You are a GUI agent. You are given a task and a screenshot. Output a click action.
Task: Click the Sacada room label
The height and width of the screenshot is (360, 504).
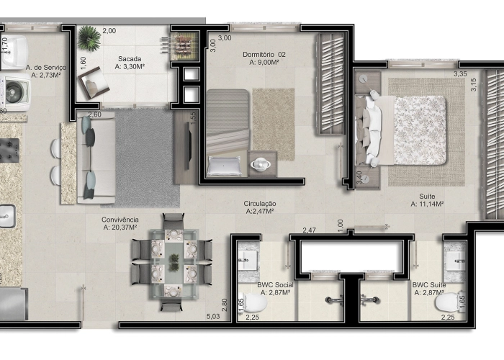(x=130, y=59)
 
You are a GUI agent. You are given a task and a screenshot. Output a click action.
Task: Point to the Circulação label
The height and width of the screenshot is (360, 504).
(x=261, y=204)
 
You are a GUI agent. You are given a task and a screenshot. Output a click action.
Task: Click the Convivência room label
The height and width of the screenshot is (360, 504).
(x=120, y=220)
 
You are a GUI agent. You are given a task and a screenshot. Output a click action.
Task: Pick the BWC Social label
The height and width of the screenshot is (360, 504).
(x=273, y=285)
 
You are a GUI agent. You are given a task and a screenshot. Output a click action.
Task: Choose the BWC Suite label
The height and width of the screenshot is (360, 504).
(x=429, y=285)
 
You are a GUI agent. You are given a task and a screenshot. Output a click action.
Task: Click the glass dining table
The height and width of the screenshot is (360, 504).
(x=173, y=261)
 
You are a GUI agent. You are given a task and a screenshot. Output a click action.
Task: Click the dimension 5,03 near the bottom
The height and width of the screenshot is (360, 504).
(x=213, y=316)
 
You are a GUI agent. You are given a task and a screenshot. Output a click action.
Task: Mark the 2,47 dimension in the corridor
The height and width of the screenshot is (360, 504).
(x=309, y=230)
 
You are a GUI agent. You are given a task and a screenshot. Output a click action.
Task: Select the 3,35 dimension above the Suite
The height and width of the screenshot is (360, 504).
(x=461, y=73)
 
